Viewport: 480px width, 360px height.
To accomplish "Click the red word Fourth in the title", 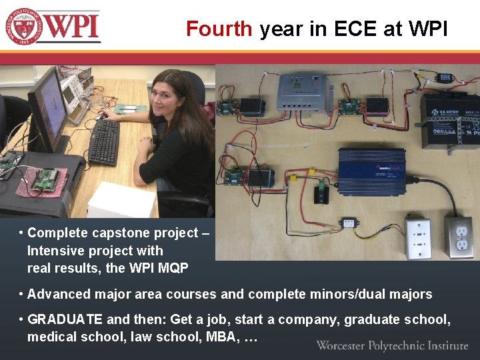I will pos(219,29).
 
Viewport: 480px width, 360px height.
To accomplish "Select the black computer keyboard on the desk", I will pos(105,142).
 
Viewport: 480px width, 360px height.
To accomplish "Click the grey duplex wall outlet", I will pos(459,237).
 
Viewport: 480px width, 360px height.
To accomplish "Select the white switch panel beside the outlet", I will pos(419,238).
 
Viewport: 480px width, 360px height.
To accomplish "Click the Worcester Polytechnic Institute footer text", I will pos(392,345).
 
